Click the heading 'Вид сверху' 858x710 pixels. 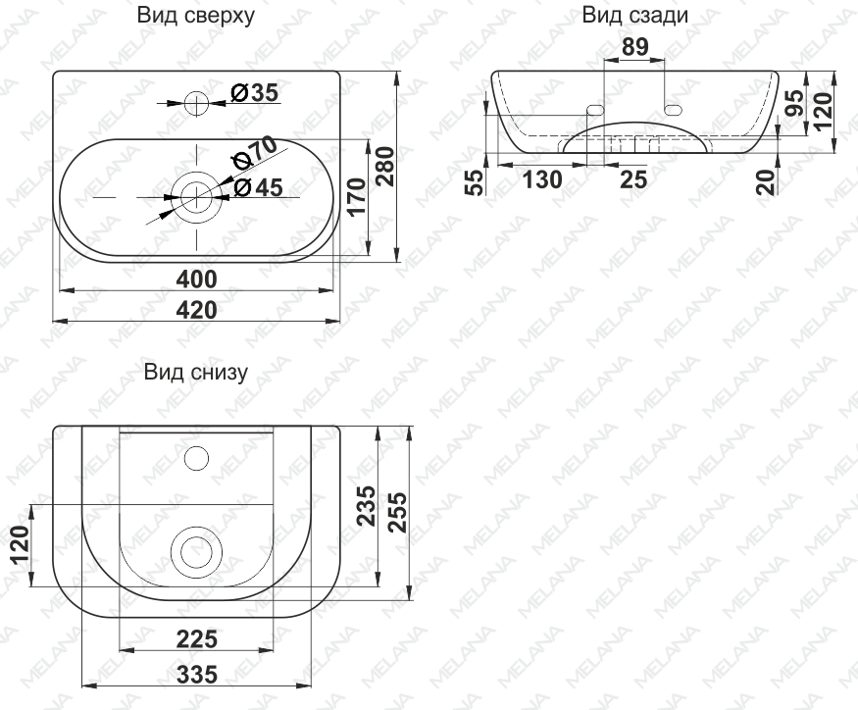tap(195, 16)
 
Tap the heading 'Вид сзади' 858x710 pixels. tap(634, 16)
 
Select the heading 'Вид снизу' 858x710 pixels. tap(195, 373)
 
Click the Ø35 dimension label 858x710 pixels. tap(254, 93)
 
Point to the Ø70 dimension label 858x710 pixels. tap(254, 152)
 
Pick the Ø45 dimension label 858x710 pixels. tap(258, 187)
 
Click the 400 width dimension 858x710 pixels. tap(196, 279)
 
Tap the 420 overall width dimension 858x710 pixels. tap(196, 310)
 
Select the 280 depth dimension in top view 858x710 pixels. tap(384, 167)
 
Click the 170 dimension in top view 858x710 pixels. tap(356, 197)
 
